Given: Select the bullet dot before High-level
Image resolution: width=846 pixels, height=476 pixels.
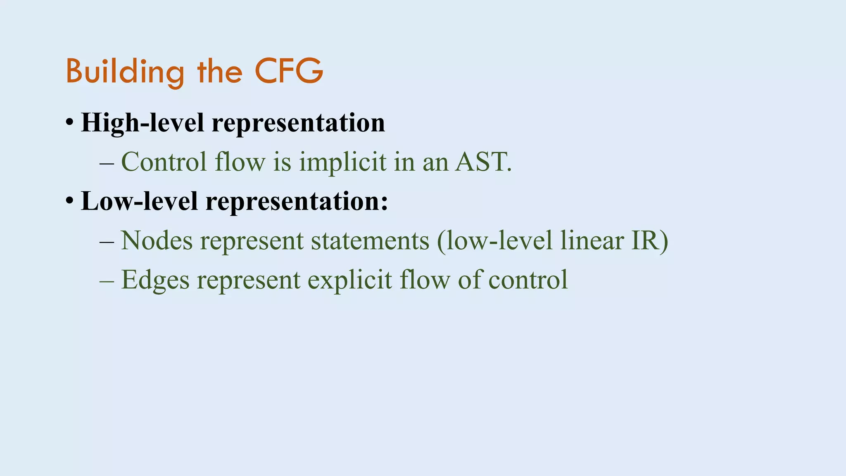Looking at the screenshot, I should pos(69,123).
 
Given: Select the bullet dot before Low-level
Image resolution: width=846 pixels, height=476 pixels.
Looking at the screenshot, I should pos(69,201).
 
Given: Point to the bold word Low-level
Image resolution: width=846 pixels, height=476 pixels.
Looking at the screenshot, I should pos(139,201).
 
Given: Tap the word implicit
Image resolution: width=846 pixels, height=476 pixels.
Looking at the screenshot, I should pos(343,162).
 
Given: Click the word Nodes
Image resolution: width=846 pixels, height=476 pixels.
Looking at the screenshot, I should pos(157,240).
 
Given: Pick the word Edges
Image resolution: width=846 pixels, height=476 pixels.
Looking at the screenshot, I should pos(155,280).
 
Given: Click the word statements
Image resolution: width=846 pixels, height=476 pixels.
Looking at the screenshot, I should pos(370,240).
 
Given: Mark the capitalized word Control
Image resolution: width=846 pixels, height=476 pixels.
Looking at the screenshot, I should pos(164,162).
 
